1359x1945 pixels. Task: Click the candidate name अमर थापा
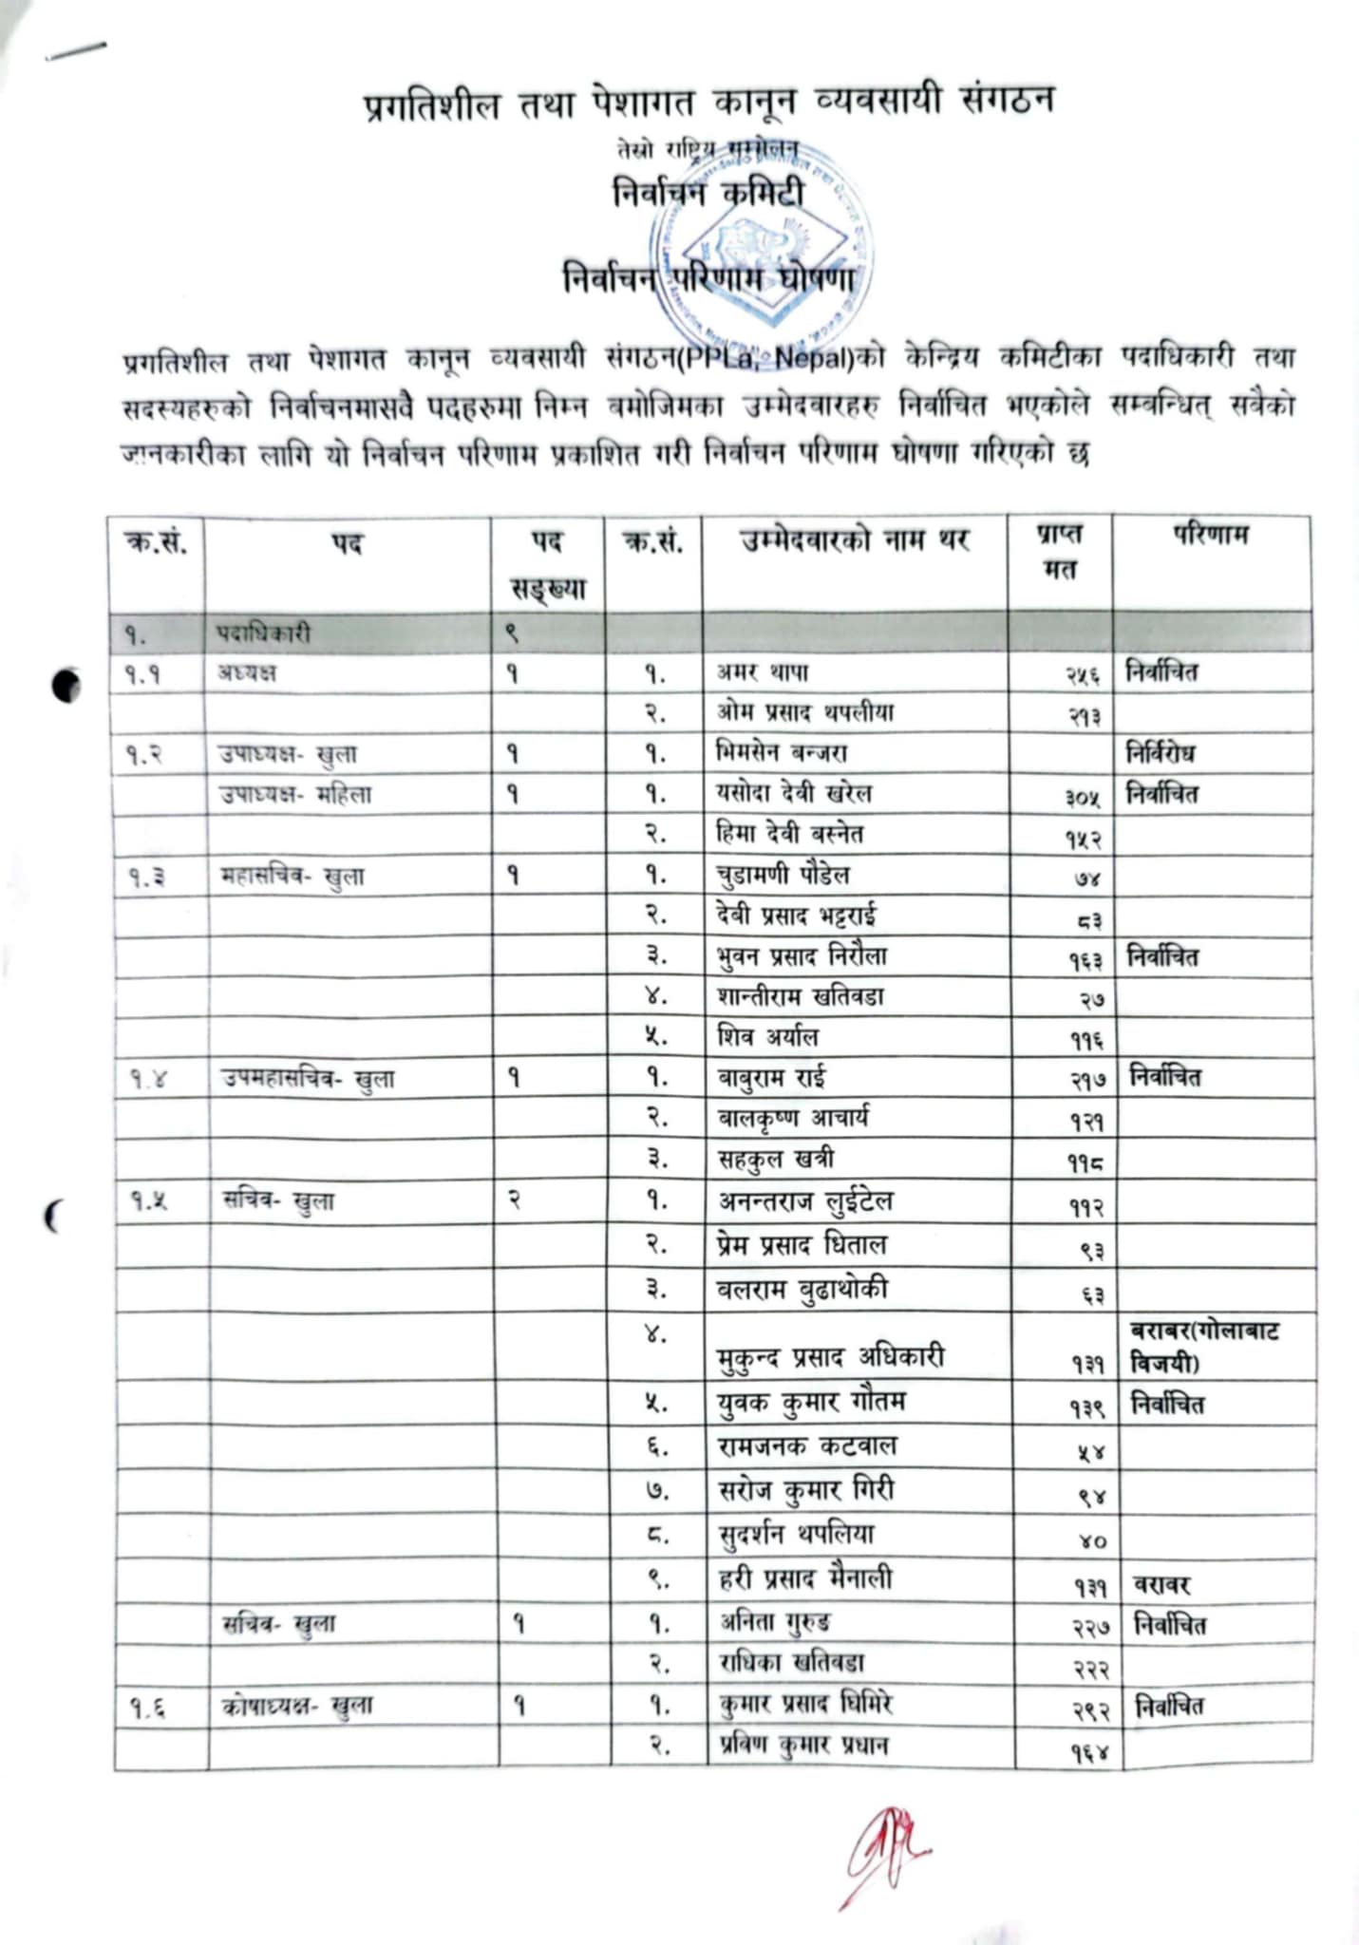(763, 672)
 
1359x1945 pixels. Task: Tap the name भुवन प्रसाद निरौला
(802, 956)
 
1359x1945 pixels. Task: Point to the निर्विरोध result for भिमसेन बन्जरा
(1161, 754)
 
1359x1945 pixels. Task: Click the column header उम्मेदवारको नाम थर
(854, 540)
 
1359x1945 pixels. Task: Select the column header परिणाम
(1210, 535)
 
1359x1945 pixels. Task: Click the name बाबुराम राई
(771, 1078)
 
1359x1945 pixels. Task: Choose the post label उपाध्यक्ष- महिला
(295, 795)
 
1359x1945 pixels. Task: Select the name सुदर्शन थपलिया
(797, 1534)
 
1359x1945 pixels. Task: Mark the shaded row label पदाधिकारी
(263, 633)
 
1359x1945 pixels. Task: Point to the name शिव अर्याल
(767, 1037)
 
